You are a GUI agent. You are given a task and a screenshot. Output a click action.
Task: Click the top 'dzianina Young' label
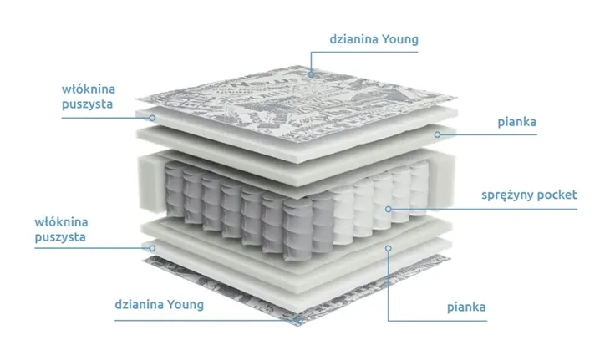coord(374,39)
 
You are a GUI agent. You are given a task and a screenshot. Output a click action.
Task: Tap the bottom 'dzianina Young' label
coord(159,304)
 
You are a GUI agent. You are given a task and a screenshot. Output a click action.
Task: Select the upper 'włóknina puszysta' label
coord(89,96)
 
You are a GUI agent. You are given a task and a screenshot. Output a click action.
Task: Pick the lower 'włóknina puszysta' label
coord(62,230)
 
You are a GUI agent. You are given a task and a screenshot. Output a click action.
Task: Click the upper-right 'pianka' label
coord(516,123)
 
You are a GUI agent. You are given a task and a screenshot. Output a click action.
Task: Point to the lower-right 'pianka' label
coord(466,307)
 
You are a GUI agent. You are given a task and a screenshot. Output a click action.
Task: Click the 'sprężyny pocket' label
coord(529,195)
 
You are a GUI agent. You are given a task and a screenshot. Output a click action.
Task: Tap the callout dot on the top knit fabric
coord(311,74)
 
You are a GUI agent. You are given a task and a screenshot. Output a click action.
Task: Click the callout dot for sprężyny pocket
coord(389,209)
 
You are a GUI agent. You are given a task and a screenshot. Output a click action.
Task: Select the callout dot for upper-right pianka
coord(438,134)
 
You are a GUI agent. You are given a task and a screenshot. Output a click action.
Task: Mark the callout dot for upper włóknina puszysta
coord(152,118)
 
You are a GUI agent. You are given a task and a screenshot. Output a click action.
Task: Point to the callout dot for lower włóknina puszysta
coord(152,248)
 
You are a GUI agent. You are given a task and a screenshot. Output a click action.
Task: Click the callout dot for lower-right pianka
coord(389,248)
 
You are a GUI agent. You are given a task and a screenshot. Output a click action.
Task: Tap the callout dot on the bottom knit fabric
coord(299,321)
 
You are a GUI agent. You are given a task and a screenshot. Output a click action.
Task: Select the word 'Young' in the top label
coord(400,40)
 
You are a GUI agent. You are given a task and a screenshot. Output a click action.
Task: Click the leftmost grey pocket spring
coord(175,190)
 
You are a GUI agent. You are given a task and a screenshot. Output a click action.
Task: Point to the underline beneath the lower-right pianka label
coord(438,321)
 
